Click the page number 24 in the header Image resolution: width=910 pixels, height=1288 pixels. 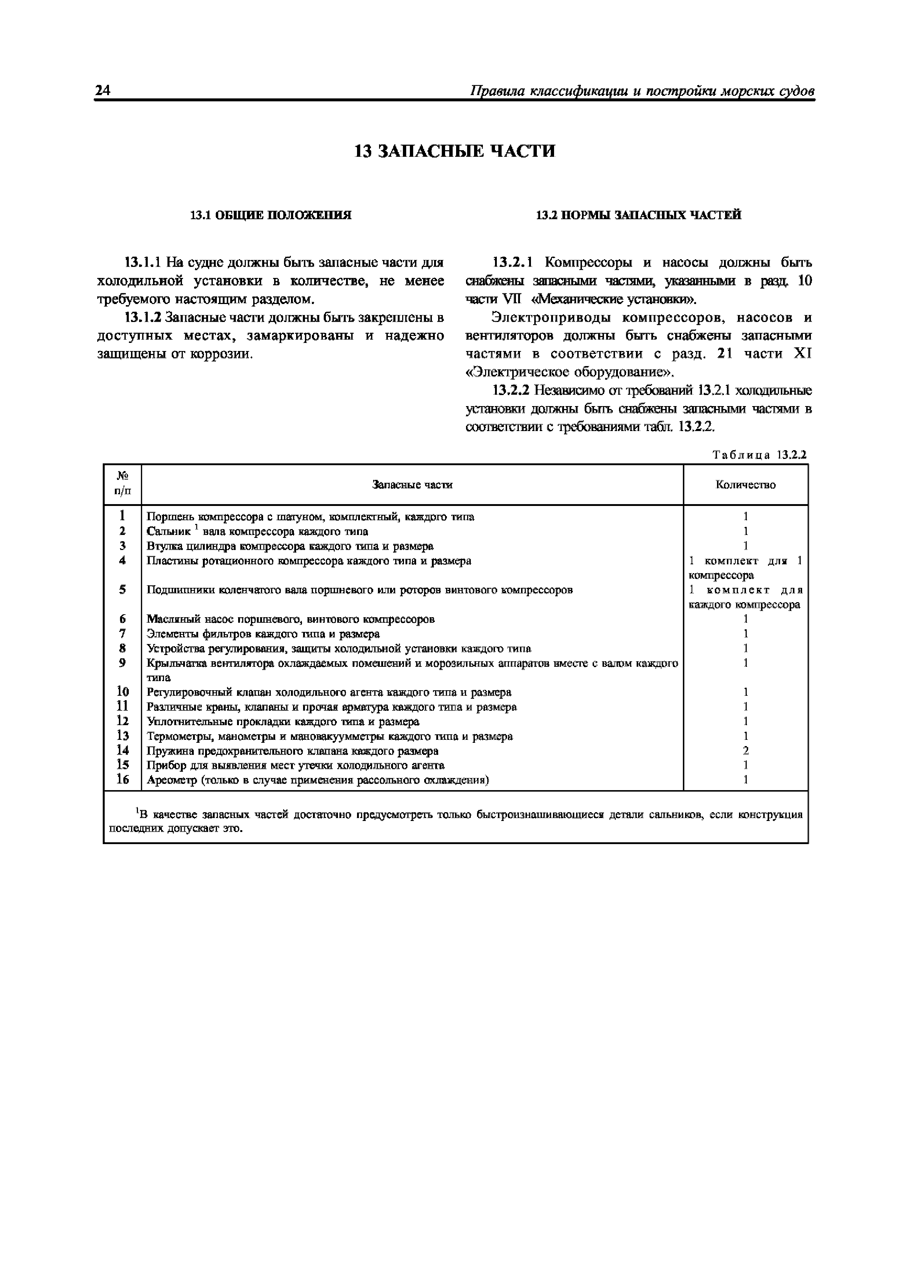(x=103, y=90)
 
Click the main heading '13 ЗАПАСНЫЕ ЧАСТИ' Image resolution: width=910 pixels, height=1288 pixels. (x=455, y=151)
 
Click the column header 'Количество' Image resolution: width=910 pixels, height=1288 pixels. (x=745, y=485)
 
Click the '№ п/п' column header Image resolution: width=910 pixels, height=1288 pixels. (x=122, y=484)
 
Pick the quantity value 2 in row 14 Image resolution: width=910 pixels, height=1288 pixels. (x=745, y=750)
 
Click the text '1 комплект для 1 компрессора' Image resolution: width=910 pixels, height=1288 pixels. (x=745, y=568)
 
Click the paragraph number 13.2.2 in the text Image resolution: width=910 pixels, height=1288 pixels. (x=511, y=390)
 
